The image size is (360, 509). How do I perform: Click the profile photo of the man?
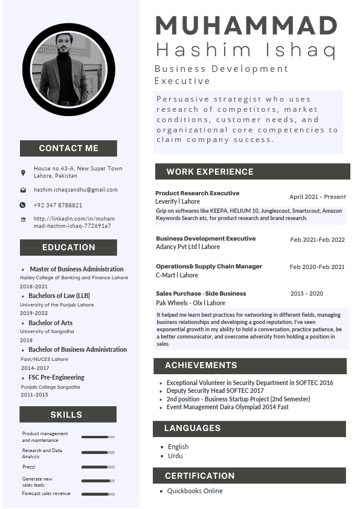point(68,69)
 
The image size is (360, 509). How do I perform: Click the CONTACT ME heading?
point(68,148)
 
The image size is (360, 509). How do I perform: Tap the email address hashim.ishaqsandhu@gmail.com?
point(76,190)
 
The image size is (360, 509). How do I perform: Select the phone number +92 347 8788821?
point(58,205)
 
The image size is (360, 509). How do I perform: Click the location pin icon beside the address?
point(23,173)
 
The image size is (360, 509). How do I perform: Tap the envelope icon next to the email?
point(23,190)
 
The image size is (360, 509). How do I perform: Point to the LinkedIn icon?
point(23,219)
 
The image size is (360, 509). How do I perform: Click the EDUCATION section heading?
point(68,247)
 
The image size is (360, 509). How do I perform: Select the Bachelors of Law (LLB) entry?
point(59,296)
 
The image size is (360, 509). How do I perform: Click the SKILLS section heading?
point(66,415)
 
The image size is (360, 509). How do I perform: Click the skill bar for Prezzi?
point(98,467)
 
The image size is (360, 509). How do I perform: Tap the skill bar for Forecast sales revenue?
point(98,494)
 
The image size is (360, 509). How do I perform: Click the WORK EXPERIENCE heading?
point(210,172)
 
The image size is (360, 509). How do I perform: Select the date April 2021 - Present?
point(317,197)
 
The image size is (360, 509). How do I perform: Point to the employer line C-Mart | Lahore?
point(177,275)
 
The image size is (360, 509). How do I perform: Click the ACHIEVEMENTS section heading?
point(201,366)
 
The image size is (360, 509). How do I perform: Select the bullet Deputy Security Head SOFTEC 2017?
point(215,391)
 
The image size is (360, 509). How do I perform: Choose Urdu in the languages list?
point(175,456)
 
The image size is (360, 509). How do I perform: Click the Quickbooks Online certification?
point(194,491)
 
